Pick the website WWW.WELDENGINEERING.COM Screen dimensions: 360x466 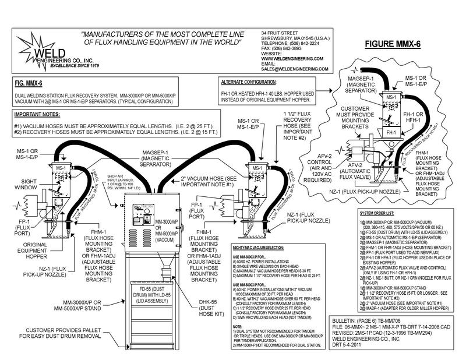click(292, 58)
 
